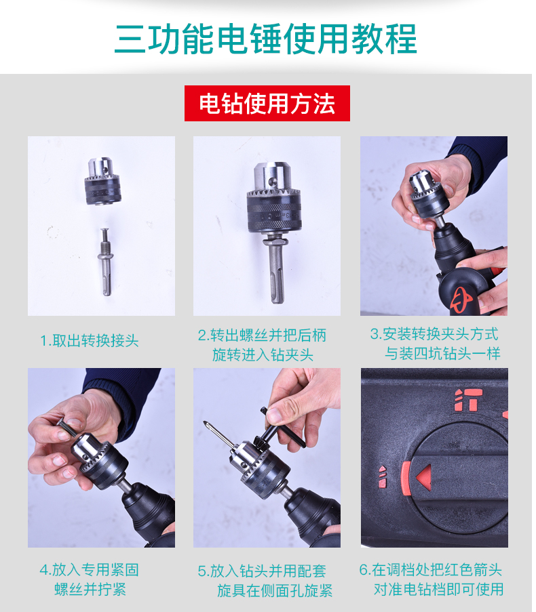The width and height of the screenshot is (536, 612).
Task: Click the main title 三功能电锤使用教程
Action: coord(266,39)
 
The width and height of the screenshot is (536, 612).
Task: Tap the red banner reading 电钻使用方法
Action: coord(267,104)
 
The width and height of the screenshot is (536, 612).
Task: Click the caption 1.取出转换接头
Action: coord(90,340)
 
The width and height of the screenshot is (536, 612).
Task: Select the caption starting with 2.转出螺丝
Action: coord(262,345)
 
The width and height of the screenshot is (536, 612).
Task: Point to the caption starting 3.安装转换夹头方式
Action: coord(435,344)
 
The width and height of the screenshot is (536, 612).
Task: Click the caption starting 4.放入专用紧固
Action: coord(90,579)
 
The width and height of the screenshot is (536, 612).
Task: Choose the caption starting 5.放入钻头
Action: coord(265,580)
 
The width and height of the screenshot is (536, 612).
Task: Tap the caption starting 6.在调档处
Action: coord(432,579)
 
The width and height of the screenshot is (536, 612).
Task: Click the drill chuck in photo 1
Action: coord(102,181)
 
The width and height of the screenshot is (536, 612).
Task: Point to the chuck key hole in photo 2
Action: coord(272,182)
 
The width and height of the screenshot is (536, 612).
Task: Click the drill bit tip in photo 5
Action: coord(204,423)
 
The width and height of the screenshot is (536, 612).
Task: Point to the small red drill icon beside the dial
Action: coord(383,476)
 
